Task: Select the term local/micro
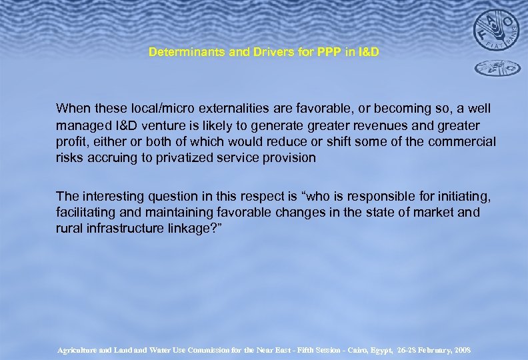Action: pos(148,107)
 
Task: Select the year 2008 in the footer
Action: pos(461,349)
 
